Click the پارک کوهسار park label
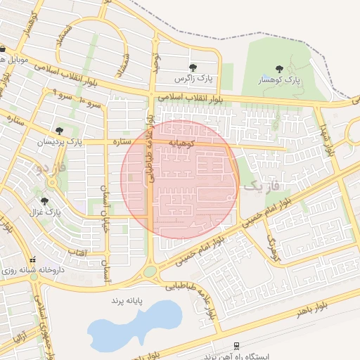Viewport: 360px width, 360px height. tap(279, 81)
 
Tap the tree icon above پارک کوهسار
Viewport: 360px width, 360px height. tap(279, 69)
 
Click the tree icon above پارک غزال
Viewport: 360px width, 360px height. tap(45, 201)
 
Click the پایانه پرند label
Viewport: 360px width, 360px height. tap(126, 300)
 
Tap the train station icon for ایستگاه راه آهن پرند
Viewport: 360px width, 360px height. tap(237, 346)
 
